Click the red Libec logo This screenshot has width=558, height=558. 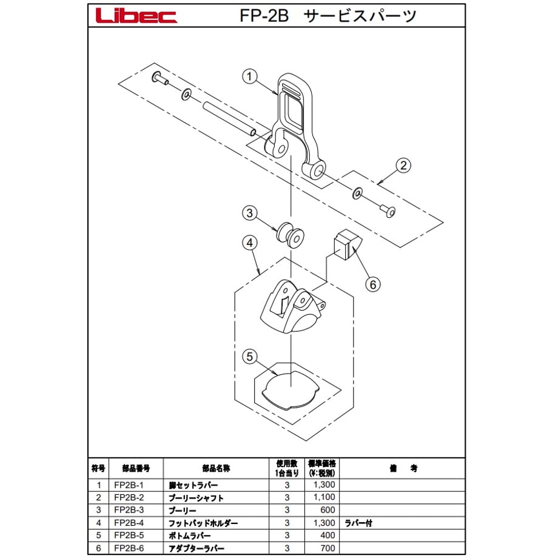coord(136,16)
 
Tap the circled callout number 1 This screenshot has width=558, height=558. coord(249,76)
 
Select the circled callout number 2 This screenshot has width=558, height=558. coord(403,166)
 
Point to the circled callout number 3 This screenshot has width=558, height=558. coord(249,213)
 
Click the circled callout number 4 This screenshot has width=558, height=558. coord(249,243)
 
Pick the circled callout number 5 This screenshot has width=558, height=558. coord(249,357)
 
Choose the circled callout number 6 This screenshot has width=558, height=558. coord(372,284)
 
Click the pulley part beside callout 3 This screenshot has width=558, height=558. coord(290,235)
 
